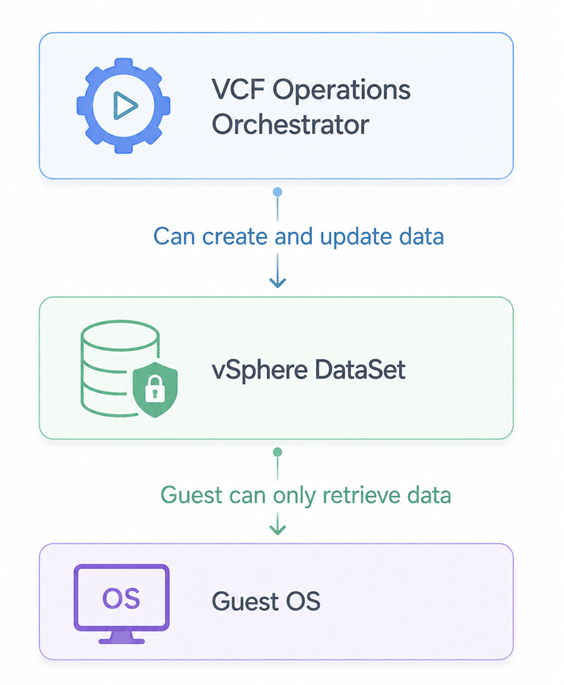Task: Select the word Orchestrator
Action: [x=290, y=124]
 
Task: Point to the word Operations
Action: [x=341, y=91]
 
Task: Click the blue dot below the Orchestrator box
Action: [x=277, y=192]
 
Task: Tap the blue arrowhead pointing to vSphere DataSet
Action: [x=278, y=282]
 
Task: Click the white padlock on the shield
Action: [x=155, y=389]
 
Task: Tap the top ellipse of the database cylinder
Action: [x=120, y=336]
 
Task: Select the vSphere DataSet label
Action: [x=309, y=370]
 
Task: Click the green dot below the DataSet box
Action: [x=277, y=452]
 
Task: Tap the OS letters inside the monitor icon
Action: [x=121, y=598]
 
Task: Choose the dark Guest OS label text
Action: [x=266, y=601]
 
